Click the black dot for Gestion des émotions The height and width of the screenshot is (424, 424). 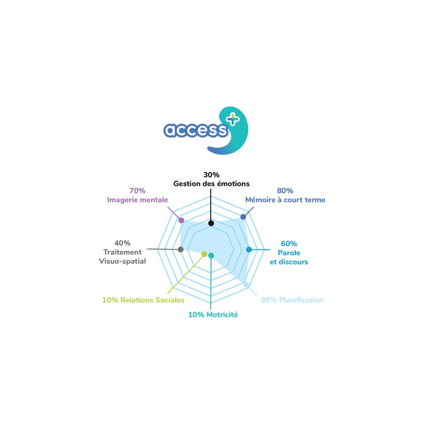pyautogui.click(x=211, y=223)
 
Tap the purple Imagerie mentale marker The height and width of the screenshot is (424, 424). pyautogui.click(x=181, y=220)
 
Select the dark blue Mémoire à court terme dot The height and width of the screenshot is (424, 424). pyautogui.click(x=243, y=217)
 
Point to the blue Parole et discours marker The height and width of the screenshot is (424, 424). pyautogui.click(x=249, y=250)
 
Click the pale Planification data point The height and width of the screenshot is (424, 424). pyautogui.click(x=246, y=284)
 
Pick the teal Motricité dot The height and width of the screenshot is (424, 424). pyautogui.click(x=211, y=255)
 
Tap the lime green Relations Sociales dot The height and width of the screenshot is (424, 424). pyautogui.click(x=204, y=254)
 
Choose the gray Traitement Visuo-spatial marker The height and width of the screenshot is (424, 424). pyautogui.click(x=181, y=249)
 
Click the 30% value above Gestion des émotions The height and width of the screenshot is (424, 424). pyautogui.click(x=212, y=175)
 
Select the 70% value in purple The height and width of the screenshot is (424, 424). pyautogui.click(x=137, y=190)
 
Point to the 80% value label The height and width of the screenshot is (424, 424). pyautogui.click(x=285, y=190)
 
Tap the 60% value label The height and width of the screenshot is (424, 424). pyautogui.click(x=289, y=243)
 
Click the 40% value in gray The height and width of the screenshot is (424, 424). pyautogui.click(x=123, y=243)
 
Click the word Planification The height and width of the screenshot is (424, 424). pyautogui.click(x=301, y=300)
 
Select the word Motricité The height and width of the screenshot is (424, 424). pyautogui.click(x=222, y=315)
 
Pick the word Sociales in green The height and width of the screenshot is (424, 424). pyautogui.click(x=171, y=300)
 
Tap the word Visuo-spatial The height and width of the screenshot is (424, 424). pyautogui.click(x=123, y=261)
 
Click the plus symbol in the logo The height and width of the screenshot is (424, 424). pyautogui.click(x=233, y=119)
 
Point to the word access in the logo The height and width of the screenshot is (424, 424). pyautogui.click(x=196, y=130)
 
